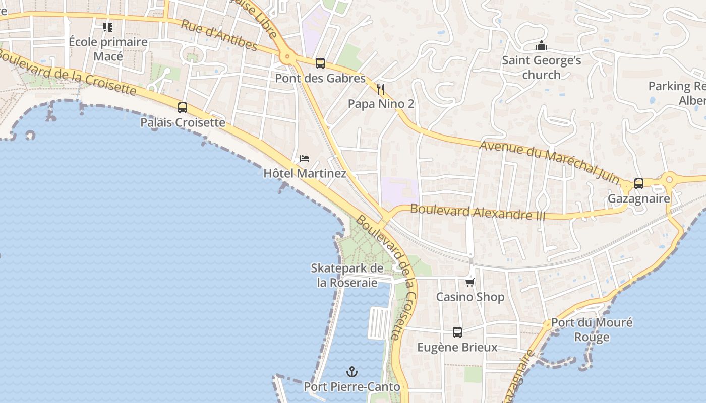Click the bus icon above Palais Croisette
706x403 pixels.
coord(183,108)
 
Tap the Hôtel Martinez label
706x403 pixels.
coord(305,173)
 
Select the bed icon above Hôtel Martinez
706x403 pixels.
coord(305,159)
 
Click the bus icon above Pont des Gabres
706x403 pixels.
coord(320,63)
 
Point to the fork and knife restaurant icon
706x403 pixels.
coord(381,90)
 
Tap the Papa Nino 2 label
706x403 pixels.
coord(381,104)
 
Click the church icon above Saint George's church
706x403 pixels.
coord(542,46)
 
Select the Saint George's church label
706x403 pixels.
coord(542,68)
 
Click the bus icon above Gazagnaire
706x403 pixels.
coord(639,184)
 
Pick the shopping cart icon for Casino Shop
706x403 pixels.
coord(470,282)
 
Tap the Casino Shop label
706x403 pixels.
coord(470,297)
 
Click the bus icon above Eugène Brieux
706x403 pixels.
coord(457,332)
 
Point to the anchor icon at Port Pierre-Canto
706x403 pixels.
coord(352,372)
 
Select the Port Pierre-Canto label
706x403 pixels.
coord(352,387)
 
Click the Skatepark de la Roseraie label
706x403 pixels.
coord(347,275)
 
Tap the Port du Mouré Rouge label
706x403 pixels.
coord(592,329)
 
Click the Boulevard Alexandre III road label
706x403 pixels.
coord(478,212)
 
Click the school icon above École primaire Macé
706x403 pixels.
coord(108,27)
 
